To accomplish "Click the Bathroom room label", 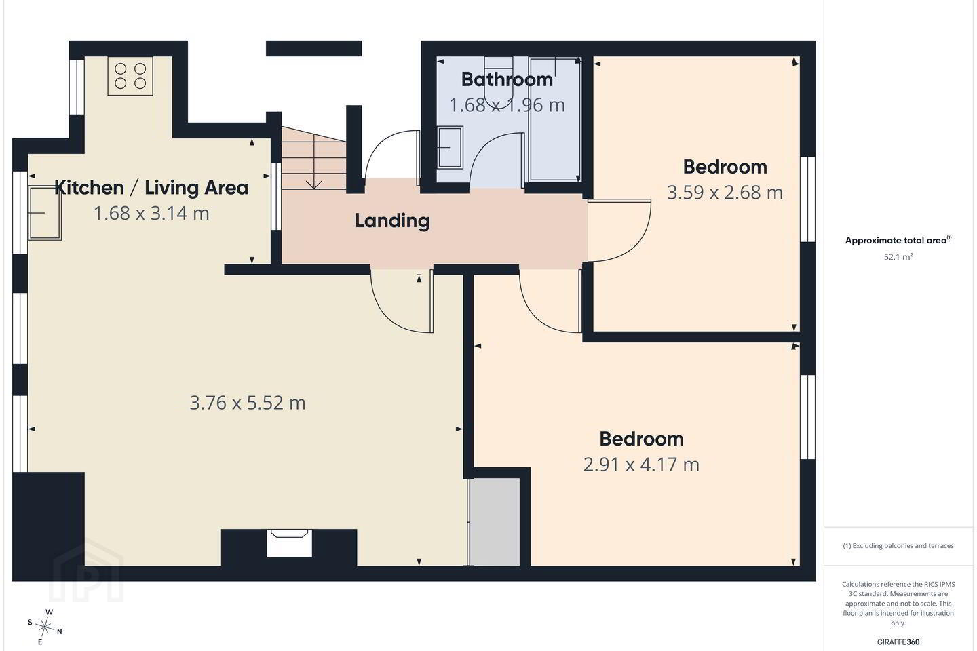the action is pyautogui.click(x=507, y=79).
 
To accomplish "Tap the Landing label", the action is pyautogui.click(x=392, y=220).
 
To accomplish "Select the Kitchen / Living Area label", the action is pyautogui.click(x=151, y=187).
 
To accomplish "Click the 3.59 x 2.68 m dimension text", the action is pyautogui.click(x=725, y=193).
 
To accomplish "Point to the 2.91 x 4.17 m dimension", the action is pyautogui.click(x=641, y=465).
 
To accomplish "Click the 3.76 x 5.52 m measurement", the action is pyautogui.click(x=247, y=402).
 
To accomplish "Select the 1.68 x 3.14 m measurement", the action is pyautogui.click(x=151, y=213).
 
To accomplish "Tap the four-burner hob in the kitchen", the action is pyautogui.click(x=130, y=76).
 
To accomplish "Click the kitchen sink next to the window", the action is pyautogui.click(x=45, y=213).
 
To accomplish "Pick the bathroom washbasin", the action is pyautogui.click(x=450, y=147).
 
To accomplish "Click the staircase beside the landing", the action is pyautogui.click(x=313, y=158).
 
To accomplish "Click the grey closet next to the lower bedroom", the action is pyautogui.click(x=494, y=522).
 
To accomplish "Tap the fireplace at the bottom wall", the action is pyautogui.click(x=289, y=543).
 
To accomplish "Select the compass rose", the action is pyautogui.click(x=45, y=627).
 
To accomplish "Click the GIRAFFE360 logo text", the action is pyautogui.click(x=898, y=642).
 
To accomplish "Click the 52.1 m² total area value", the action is pyautogui.click(x=898, y=257).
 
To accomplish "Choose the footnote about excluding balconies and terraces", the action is pyautogui.click(x=898, y=545).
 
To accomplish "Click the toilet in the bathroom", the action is pyautogui.click(x=498, y=83).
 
